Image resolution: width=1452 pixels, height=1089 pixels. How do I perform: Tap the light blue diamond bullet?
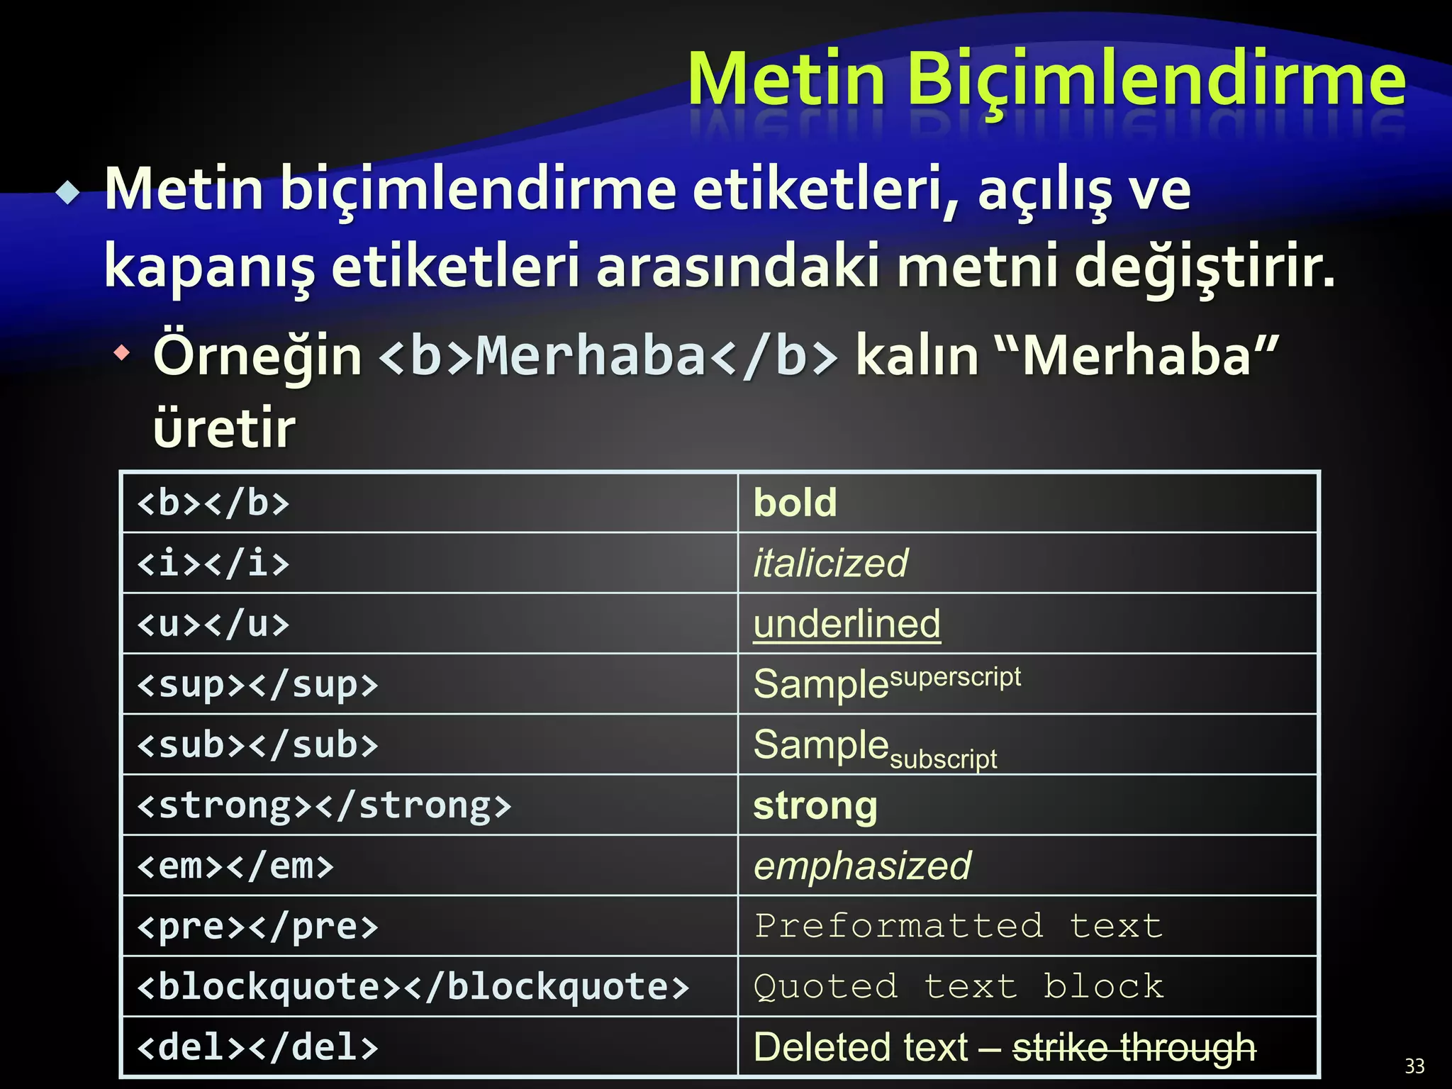tap(69, 193)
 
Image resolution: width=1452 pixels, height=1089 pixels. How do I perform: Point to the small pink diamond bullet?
tap(123, 352)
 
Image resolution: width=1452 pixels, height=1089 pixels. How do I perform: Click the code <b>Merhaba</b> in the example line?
tap(608, 356)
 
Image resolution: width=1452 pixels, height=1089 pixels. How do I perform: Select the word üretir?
tap(224, 430)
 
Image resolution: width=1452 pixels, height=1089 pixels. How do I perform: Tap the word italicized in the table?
tap(830, 564)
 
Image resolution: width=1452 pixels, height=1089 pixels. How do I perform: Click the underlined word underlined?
tap(847, 625)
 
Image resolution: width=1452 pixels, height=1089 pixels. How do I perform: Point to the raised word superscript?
tap(955, 676)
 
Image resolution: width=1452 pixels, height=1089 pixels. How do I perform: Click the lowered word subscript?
tap(943, 759)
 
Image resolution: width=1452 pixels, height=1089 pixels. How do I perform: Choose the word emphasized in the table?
tap(862, 866)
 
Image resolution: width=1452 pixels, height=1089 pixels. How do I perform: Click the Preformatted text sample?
tap(959, 927)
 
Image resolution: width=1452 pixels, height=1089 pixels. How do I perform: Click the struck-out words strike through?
tap(1134, 1048)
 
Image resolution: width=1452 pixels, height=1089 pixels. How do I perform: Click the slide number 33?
tap(1414, 1066)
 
